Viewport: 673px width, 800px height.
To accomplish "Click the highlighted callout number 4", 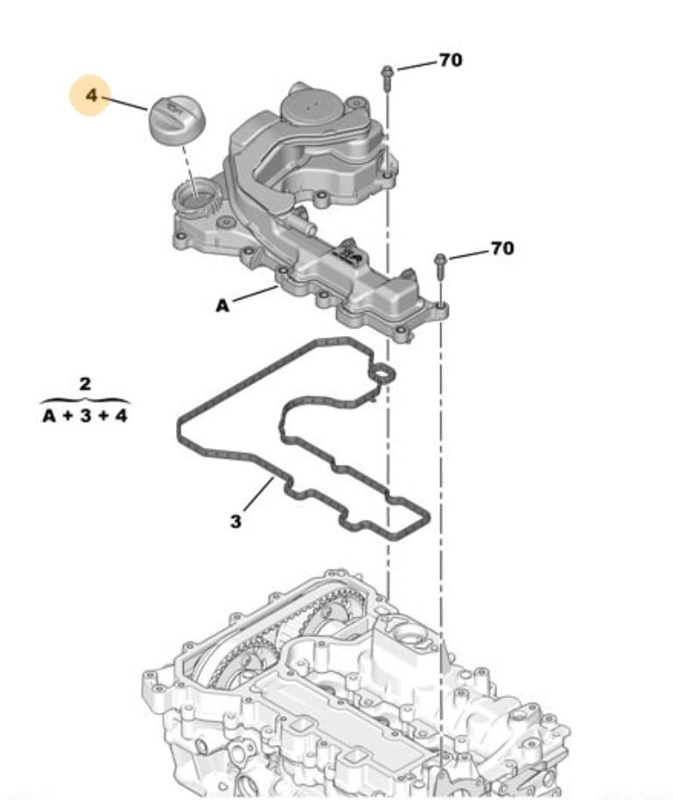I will (91, 94).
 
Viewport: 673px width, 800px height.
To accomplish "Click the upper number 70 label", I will (451, 60).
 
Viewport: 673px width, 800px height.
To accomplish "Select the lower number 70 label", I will (501, 249).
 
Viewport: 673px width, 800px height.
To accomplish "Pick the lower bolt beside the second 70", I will (440, 265).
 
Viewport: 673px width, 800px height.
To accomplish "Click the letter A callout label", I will (222, 305).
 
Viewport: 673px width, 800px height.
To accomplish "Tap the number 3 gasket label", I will (235, 521).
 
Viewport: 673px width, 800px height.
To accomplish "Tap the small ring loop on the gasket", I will (384, 375).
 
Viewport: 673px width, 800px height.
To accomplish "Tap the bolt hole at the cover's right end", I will (441, 308).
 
